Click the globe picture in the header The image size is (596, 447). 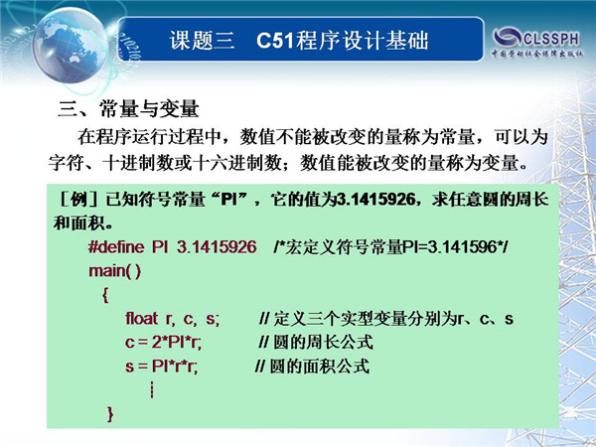point(71,46)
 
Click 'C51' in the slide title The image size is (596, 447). point(275,41)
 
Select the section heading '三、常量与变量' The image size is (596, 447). point(128,109)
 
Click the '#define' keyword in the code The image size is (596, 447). point(116,247)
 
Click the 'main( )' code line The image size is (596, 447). point(115,271)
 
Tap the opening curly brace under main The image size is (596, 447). point(105,295)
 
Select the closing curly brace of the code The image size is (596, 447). point(110,414)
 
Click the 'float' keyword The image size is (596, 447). point(141,319)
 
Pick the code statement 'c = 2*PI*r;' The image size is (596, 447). point(163,343)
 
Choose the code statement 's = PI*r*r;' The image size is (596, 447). point(161,367)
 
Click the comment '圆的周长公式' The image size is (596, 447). point(323,342)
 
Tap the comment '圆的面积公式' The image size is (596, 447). point(319,366)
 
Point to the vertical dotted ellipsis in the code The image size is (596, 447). point(152,390)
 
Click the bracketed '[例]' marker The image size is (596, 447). point(79,200)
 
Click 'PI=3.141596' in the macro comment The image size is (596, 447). point(450,247)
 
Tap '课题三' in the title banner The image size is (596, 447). point(202,41)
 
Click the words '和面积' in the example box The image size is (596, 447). point(79,223)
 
